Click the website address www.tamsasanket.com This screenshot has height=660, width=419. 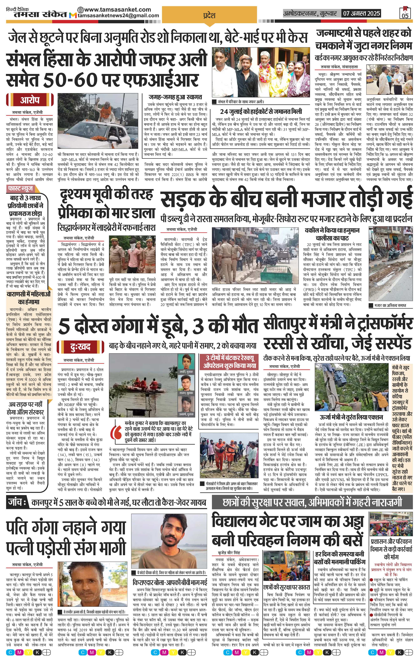pyautogui.click(x=114, y=9)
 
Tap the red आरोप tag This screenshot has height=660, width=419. pyautogui.click(x=30, y=100)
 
